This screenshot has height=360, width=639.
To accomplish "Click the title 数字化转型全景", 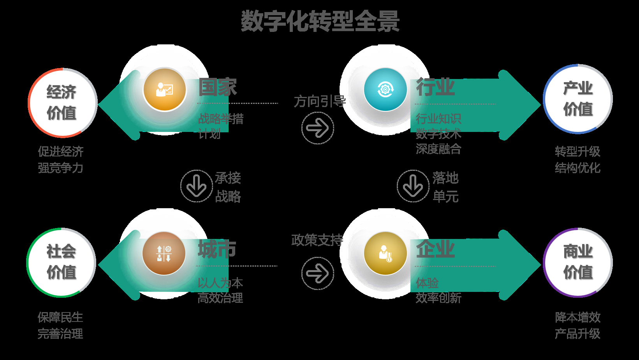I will [320, 21].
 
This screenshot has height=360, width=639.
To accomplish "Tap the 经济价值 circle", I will [62, 103].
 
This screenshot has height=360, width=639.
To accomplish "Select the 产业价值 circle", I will [578, 99].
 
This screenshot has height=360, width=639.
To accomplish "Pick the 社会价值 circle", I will [61, 262].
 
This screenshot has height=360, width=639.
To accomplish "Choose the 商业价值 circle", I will [578, 262].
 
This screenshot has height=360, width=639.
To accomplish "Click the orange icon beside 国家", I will [165, 90].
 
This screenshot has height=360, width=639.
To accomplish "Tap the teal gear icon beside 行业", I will [385, 90].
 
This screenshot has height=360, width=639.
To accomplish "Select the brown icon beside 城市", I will [164, 253].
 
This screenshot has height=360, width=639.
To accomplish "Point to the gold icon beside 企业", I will [385, 253].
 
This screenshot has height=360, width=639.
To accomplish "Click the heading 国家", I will [218, 87].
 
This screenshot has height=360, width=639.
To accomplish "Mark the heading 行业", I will [435, 87].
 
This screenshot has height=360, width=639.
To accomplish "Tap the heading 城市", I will [217, 249].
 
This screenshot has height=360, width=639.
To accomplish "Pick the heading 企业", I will [435, 249].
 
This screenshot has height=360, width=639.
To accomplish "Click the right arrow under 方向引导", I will [318, 128].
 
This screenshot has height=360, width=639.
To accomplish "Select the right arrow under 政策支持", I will [318, 273].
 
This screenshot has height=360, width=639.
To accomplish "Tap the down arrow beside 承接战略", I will [196, 186].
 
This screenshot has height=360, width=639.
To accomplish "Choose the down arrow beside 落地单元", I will [413, 186].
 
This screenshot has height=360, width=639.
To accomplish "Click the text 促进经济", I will [61, 151].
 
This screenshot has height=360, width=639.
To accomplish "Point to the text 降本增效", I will [577, 317].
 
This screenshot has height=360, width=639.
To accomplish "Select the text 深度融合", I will [438, 149].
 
